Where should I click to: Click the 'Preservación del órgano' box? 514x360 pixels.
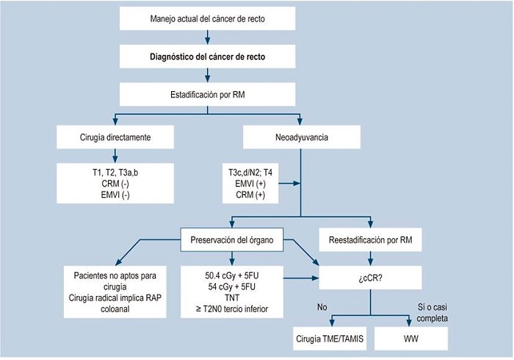pos(232,238)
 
